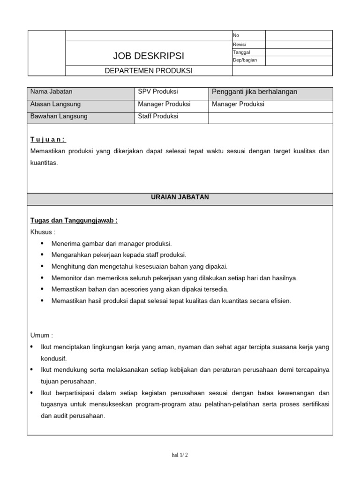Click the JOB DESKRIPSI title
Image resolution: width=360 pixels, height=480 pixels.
point(149,56)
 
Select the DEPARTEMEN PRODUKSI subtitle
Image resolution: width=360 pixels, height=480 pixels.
point(149,71)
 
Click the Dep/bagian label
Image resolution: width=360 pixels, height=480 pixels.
point(245,60)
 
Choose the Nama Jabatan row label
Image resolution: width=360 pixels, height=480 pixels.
point(52,92)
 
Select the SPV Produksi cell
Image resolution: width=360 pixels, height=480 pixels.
point(158,92)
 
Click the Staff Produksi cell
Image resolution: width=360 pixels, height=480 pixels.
point(158,116)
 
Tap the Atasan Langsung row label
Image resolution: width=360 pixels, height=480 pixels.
point(55,104)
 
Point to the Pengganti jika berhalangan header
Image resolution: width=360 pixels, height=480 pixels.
point(255,92)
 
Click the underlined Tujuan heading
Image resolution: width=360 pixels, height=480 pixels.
point(48,139)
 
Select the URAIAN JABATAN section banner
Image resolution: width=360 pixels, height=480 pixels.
point(180,197)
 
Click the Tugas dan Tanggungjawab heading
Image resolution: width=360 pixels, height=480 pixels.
point(74,221)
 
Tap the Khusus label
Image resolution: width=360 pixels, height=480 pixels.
point(43,232)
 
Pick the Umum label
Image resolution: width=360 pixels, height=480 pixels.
point(42,336)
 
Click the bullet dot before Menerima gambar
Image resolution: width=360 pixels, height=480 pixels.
point(42,243)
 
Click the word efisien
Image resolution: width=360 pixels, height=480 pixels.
point(280,301)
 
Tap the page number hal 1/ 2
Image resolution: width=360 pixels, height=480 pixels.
point(180,455)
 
